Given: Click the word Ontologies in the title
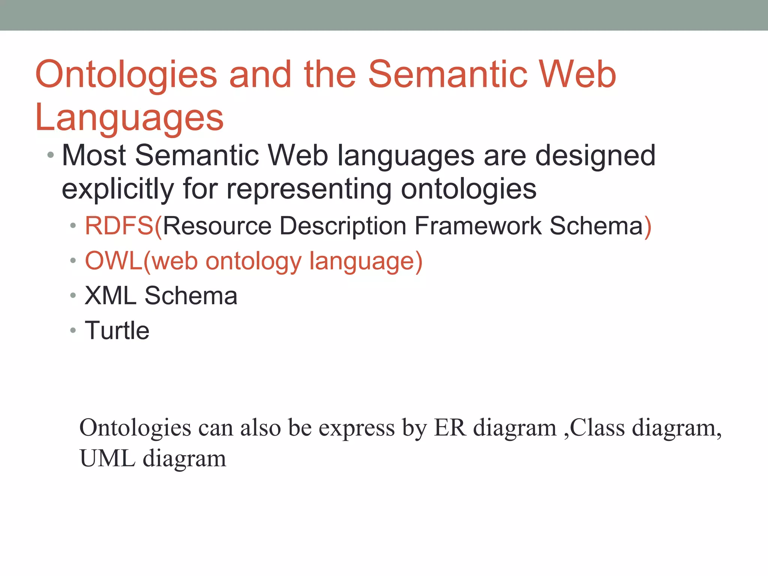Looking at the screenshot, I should pyautogui.click(x=126, y=75).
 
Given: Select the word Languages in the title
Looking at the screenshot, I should pyautogui.click(x=129, y=118).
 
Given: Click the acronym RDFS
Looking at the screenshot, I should pyautogui.click(x=119, y=226).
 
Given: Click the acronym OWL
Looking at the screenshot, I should pyautogui.click(x=114, y=261).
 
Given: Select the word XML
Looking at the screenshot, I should pyautogui.click(x=110, y=296).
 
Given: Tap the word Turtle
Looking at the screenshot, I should pyautogui.click(x=117, y=331).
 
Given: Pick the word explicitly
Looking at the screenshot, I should pyautogui.click(x=118, y=189).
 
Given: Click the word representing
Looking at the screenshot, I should pyautogui.click(x=309, y=189).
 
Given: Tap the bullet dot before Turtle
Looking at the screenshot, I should pyautogui.click(x=73, y=331).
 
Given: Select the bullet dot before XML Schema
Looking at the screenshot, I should pyautogui.click(x=73, y=296).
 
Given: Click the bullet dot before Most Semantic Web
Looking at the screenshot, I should pyautogui.click(x=51, y=155).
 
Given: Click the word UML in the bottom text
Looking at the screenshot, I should pyautogui.click(x=107, y=458).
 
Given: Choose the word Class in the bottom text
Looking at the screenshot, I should pyautogui.click(x=597, y=427).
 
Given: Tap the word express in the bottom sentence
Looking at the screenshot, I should pyautogui.click(x=356, y=428).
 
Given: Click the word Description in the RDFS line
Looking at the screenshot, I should pyautogui.click(x=343, y=226).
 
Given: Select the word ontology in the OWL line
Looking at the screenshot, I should pyautogui.click(x=253, y=262).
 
